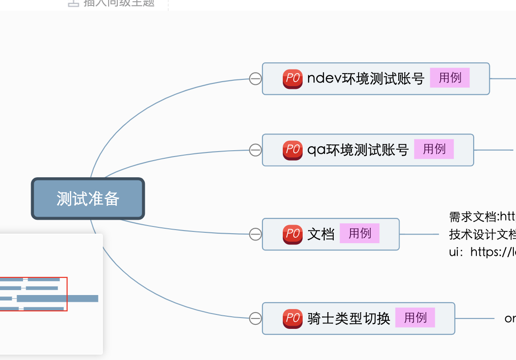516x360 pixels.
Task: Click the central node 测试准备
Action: tap(88, 198)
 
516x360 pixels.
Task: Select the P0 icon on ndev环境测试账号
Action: tap(292, 78)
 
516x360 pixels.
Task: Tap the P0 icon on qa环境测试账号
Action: tap(292, 150)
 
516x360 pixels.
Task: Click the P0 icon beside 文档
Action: tap(292, 234)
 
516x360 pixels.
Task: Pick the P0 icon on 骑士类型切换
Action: tap(292, 318)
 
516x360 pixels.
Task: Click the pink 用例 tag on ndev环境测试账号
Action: tap(450, 78)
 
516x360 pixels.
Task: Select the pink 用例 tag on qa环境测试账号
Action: tap(434, 149)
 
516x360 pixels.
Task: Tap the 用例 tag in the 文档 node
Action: tap(359, 233)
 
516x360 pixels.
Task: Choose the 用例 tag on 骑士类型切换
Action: tap(415, 318)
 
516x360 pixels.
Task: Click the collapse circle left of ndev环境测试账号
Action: tap(255, 78)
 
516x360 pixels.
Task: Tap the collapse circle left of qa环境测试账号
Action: tap(255, 150)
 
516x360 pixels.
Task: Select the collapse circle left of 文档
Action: tap(255, 234)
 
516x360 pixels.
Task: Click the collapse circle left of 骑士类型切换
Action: tap(255, 318)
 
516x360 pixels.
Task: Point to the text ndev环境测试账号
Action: tap(365, 78)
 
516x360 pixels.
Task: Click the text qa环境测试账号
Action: tap(358, 150)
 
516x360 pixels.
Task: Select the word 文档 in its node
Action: tap(321, 234)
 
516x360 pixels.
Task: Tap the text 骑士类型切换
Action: tap(348, 318)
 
